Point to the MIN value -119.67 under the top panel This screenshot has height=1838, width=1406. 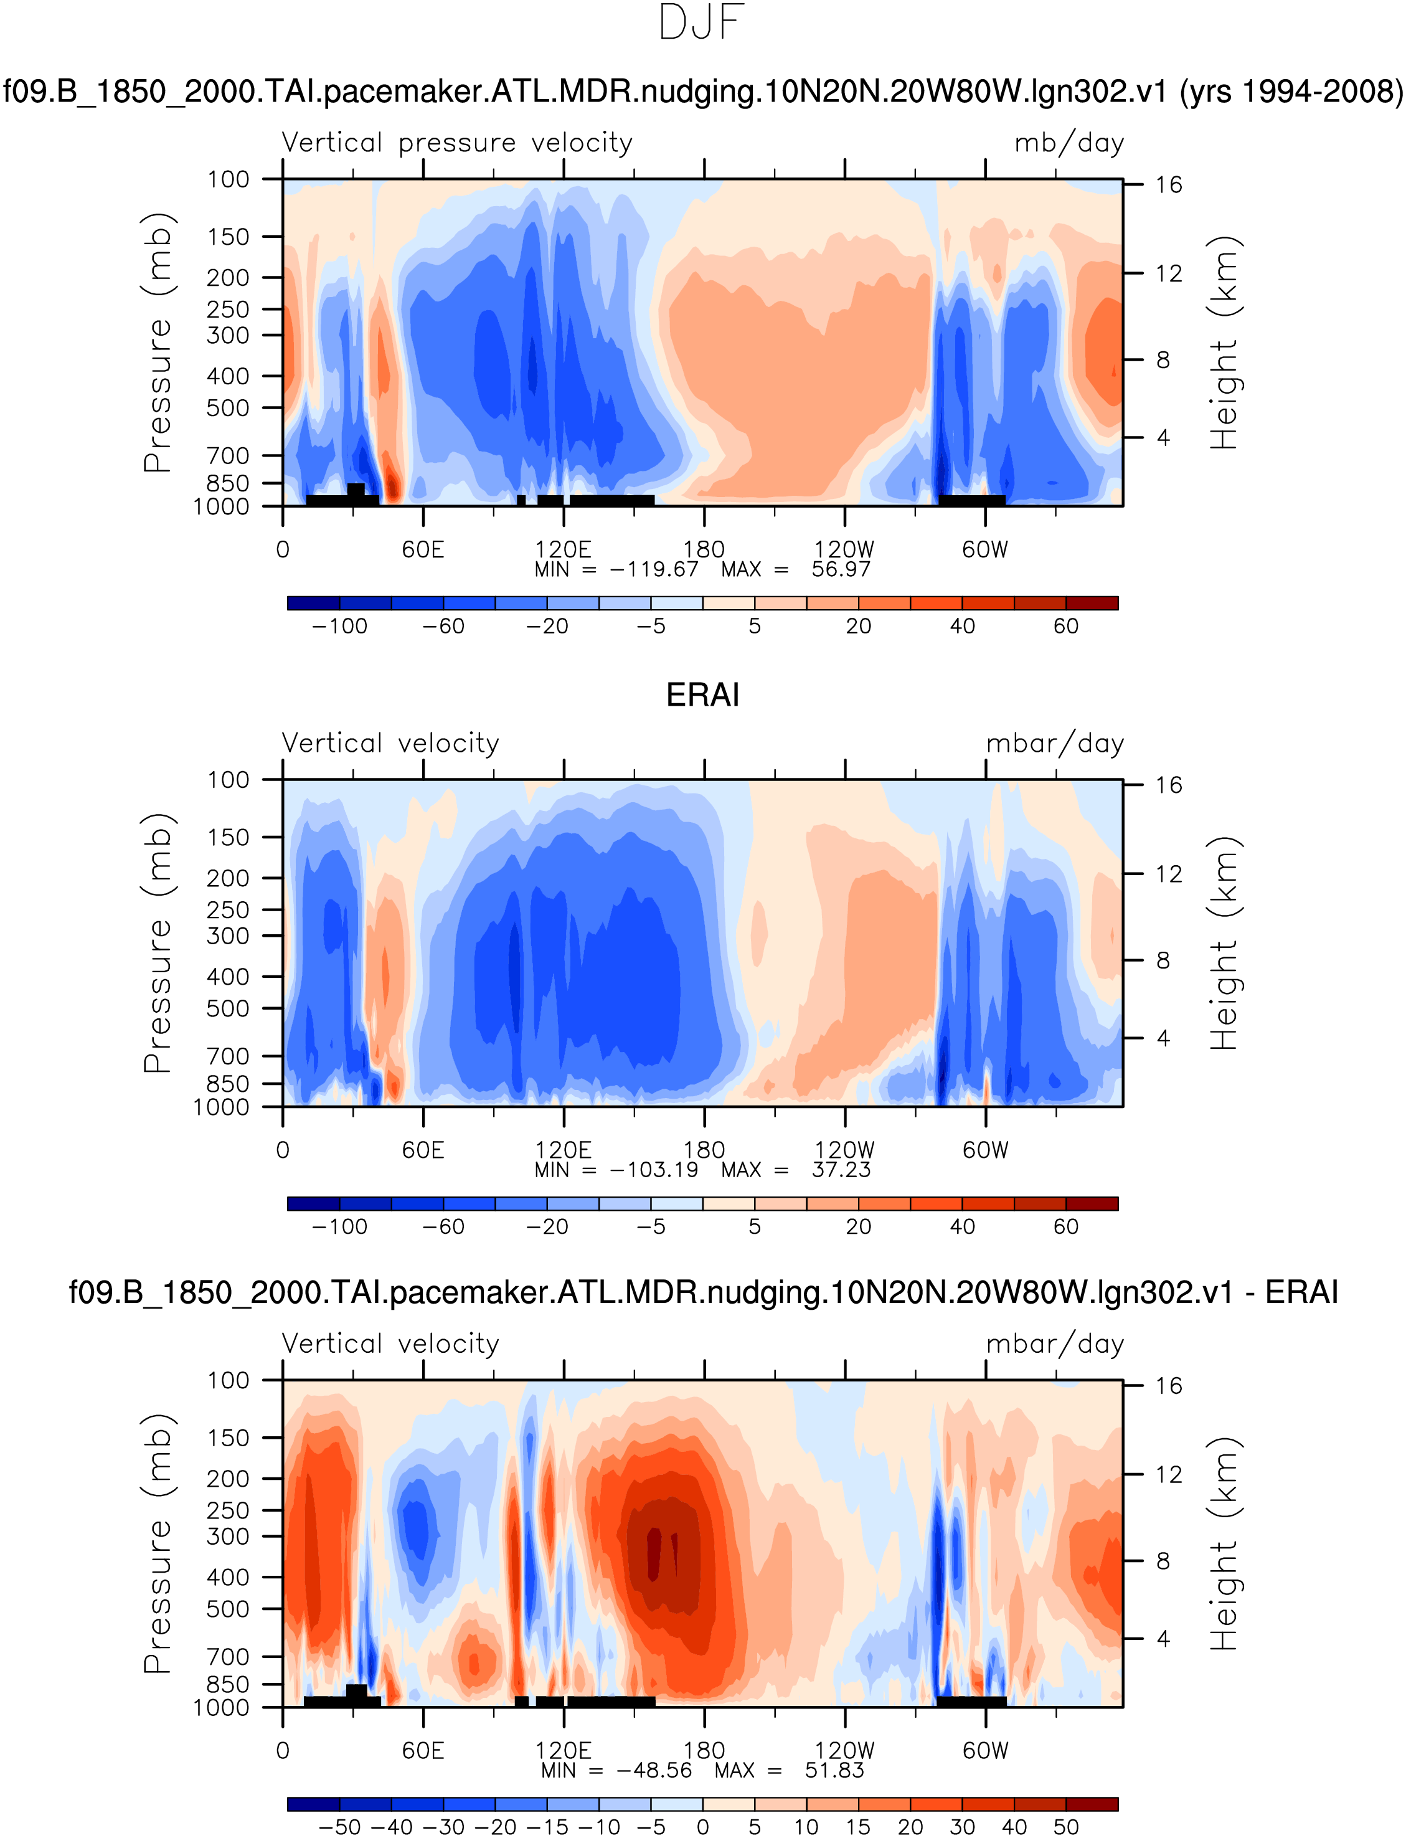pos(654,570)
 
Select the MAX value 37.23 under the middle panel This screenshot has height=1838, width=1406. pos(841,1170)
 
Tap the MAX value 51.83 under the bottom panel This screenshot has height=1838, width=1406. pos(834,1770)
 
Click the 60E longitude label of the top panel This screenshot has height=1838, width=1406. pos(423,550)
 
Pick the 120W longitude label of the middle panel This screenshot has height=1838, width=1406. pos(844,1150)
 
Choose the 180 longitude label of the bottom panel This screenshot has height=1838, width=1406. pos(704,1750)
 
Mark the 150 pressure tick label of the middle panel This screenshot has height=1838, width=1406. pos(228,838)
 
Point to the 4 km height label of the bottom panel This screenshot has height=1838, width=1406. pos(1163,1639)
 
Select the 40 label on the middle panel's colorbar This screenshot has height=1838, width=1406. pos(963,1227)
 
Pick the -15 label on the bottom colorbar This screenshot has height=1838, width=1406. pos(547,1827)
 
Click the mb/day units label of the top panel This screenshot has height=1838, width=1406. pos(1069,143)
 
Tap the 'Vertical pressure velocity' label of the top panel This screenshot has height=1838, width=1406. pos(457,143)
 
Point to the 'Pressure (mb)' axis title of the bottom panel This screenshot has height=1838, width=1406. pos(158,1543)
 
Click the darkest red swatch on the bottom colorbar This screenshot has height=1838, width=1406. pos(1092,1804)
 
